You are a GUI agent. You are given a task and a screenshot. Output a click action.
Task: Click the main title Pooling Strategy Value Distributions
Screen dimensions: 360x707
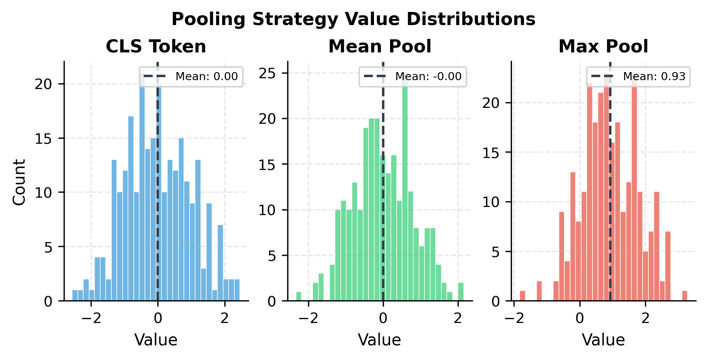coord(353,19)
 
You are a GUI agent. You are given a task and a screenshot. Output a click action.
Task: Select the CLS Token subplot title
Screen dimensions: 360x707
coord(156,47)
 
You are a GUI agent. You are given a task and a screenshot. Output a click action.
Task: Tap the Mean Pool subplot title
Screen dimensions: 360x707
coord(380,47)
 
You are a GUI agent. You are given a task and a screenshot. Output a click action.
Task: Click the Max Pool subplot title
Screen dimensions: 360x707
coord(603,47)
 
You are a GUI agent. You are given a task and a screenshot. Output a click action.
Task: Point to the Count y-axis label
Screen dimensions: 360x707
coord(19,182)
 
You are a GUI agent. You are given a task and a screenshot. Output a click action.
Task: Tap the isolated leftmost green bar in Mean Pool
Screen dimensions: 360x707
coord(298,296)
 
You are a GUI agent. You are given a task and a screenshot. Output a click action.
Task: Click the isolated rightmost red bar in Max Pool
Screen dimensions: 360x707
coord(685,296)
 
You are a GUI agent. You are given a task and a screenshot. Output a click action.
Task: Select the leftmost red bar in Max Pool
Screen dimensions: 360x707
coord(522,296)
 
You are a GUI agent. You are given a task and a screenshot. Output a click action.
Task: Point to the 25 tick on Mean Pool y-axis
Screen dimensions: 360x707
coord(268,73)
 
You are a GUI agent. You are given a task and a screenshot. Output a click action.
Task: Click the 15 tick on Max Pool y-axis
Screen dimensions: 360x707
coord(491,153)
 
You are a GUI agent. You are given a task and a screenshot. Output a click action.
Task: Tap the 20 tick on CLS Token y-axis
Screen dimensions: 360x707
coord(43,84)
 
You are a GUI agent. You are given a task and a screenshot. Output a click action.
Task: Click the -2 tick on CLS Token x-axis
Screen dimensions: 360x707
coord(91,318)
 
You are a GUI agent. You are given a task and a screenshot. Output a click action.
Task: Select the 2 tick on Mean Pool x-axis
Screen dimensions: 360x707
coord(458,318)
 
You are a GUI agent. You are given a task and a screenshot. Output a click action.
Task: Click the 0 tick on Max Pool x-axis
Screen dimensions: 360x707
coord(579,318)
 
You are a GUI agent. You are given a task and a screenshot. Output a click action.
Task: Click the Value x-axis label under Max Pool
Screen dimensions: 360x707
coord(603,340)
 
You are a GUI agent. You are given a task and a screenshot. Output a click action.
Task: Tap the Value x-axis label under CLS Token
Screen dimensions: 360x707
coord(156,340)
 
